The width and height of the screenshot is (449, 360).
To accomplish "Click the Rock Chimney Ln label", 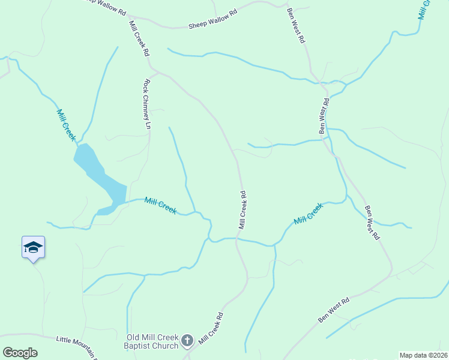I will click(146, 105).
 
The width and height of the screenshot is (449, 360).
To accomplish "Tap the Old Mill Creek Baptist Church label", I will click(152, 341).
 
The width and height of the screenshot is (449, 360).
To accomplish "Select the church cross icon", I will click(187, 341).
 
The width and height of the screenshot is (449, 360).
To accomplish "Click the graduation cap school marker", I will click(33, 247).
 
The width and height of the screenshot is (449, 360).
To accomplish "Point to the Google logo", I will click(20, 353).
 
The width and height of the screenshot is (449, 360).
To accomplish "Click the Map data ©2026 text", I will click(423, 355).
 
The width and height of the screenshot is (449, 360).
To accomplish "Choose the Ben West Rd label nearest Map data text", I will click(334, 311).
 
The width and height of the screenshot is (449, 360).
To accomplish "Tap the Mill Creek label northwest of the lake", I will click(66, 125).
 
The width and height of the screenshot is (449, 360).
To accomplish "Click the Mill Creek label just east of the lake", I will click(160, 206).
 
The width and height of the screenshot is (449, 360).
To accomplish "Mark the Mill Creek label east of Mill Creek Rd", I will click(308, 214).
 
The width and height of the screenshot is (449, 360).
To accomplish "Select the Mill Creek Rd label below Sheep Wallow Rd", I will click(139, 38).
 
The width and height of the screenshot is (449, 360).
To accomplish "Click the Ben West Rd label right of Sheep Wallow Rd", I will click(296, 26).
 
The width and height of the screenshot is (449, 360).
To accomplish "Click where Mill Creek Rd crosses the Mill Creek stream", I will click(237, 239).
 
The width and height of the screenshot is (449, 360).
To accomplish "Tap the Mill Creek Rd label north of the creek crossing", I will click(243, 210).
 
